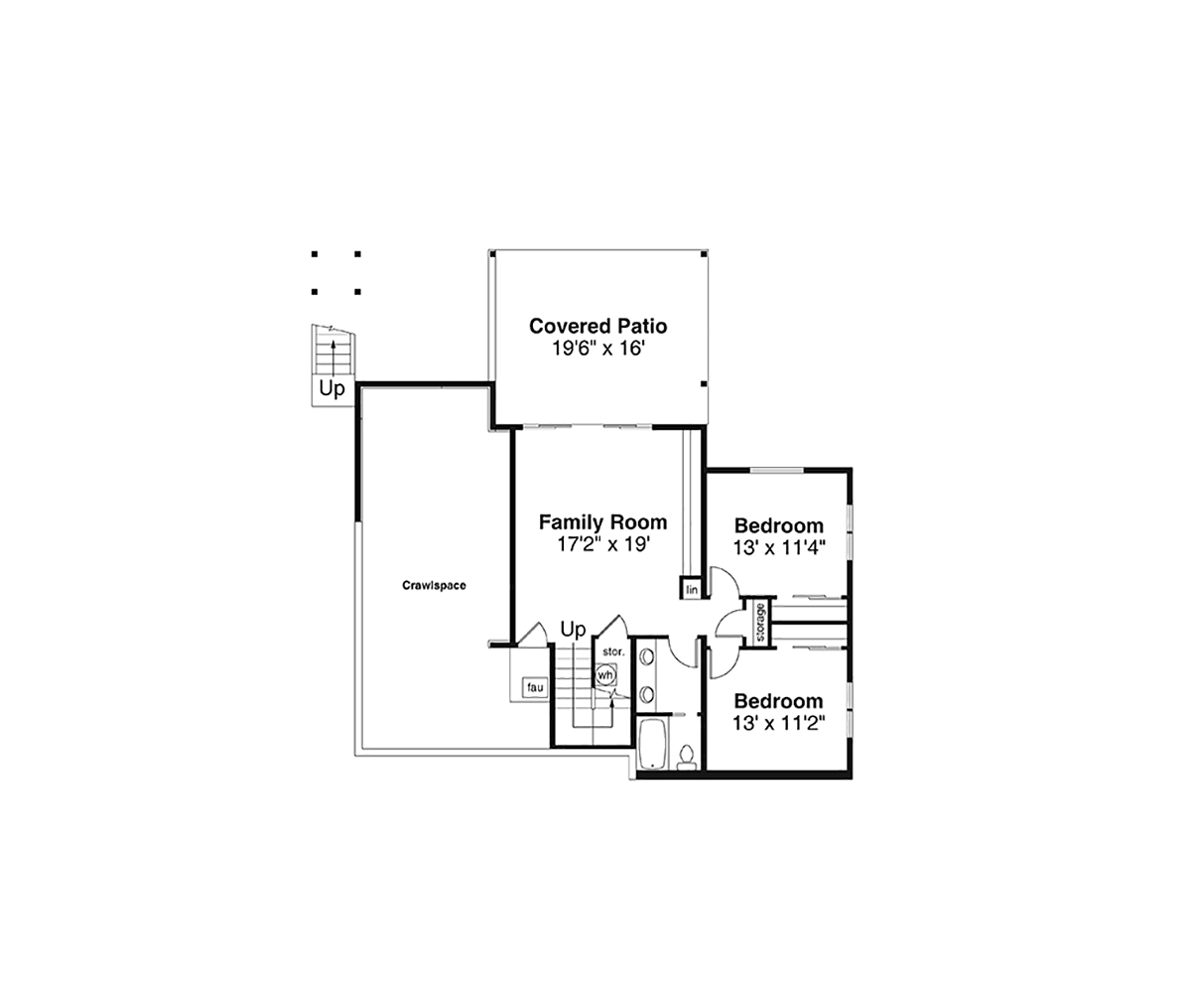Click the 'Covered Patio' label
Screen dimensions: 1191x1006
[597, 326]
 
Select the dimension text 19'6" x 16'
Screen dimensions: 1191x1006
[597, 349]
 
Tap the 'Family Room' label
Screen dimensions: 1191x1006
[602, 522]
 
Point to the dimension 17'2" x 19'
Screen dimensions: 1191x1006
[603, 544]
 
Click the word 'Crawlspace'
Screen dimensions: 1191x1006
[434, 585]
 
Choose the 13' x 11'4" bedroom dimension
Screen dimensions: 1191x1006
[779, 548]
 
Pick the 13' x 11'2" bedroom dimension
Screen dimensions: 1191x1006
[779, 723]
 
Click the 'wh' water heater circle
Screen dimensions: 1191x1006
[605, 675]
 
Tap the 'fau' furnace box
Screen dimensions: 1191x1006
[535, 687]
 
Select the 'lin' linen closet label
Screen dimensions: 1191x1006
[692, 590]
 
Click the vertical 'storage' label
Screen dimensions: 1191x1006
[760, 623]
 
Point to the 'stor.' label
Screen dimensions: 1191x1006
[613, 651]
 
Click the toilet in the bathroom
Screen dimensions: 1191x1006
[686, 757]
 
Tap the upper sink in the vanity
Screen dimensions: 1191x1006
[647, 657]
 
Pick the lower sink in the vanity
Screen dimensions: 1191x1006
[647, 695]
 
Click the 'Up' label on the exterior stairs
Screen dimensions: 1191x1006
[331, 389]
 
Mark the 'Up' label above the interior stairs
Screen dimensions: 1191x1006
[574, 630]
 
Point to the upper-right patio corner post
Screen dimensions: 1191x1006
[704, 254]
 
